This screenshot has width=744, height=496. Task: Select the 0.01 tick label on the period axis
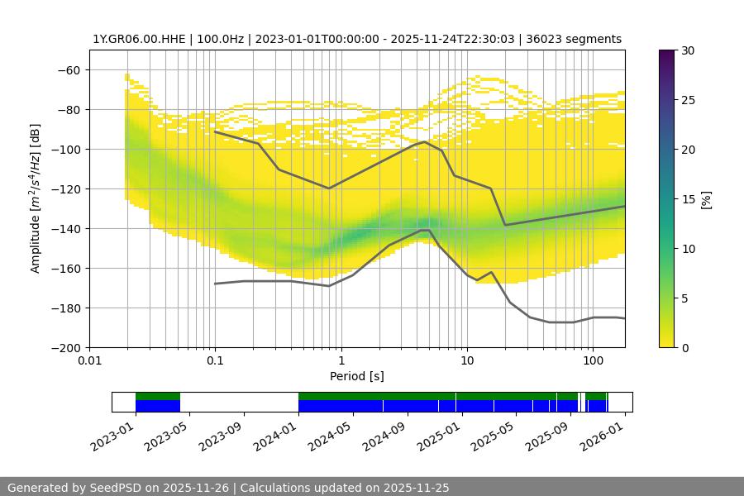[89, 360]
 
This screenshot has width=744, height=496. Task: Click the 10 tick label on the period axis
[466, 360]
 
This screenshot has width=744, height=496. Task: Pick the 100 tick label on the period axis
[592, 360]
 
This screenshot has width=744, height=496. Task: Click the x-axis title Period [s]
[356, 376]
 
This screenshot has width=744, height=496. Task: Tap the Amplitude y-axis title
[36, 198]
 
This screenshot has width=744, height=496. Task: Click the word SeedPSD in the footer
[115, 488]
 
